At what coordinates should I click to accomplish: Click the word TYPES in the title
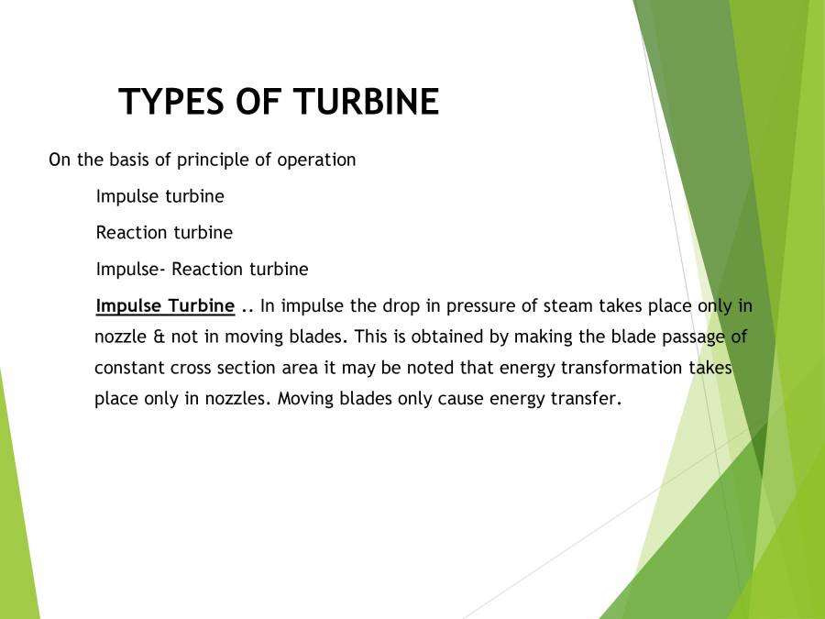tap(164, 102)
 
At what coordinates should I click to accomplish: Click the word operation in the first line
tap(315, 160)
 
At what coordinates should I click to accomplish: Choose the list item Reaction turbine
tap(164, 233)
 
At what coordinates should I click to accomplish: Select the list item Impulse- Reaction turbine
tap(202, 270)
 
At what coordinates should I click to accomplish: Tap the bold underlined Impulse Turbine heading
tap(165, 306)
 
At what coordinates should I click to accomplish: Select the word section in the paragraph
tap(242, 368)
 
